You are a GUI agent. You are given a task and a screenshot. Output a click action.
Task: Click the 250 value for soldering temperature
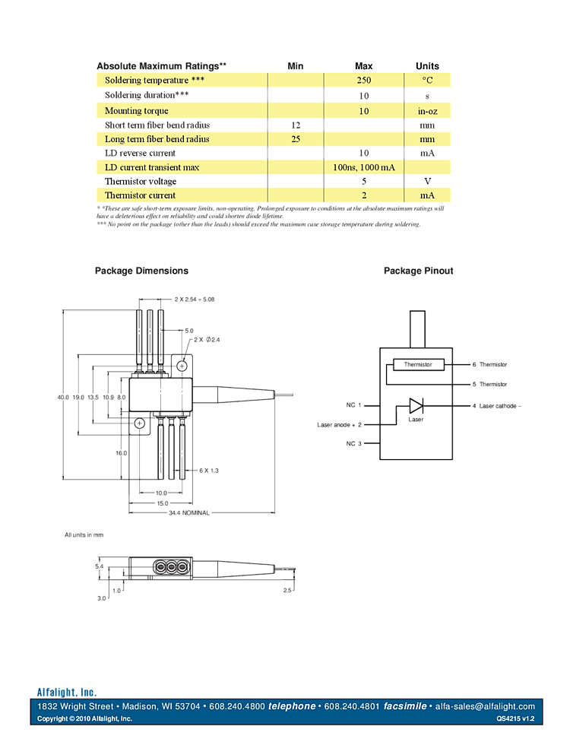point(363,80)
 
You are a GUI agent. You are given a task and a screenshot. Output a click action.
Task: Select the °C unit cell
point(427,80)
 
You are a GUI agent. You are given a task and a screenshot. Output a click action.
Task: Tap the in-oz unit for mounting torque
point(427,111)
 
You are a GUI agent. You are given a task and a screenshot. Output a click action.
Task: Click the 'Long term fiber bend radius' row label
point(157,139)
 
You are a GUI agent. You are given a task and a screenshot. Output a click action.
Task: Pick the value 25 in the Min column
point(296,139)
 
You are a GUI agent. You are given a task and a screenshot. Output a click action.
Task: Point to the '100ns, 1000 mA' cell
point(363,167)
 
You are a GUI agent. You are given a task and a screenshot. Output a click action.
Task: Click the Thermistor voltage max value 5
point(364,182)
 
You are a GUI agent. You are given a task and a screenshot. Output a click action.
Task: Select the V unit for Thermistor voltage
point(427,182)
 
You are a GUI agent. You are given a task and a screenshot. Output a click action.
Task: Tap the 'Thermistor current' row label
point(140,195)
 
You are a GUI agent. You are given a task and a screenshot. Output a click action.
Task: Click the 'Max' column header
point(363,66)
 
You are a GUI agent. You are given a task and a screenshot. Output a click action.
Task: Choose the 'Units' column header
point(427,66)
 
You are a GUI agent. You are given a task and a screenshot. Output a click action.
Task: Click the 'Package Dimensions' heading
point(141,271)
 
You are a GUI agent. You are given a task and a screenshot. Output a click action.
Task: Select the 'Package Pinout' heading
point(418,271)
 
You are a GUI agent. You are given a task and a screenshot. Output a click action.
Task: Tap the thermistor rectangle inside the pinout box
point(415,364)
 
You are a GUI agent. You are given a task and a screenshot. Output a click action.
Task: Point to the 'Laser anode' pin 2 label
point(340,424)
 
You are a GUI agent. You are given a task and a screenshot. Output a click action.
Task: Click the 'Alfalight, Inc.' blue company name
point(67,692)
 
